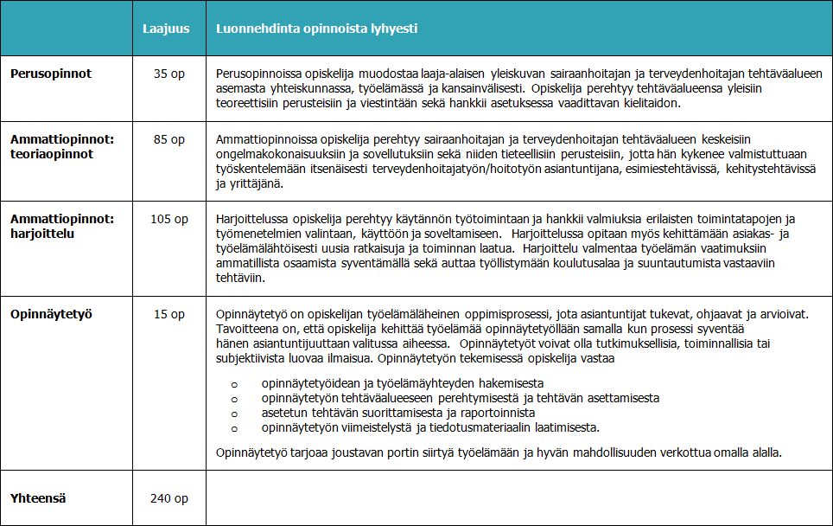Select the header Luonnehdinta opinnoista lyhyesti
tap(316, 29)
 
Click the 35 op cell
tap(170, 74)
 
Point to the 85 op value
tap(170, 140)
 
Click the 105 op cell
tap(169, 220)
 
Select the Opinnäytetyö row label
tap(51, 314)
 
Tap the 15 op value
tap(170, 314)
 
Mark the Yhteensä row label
tap(39, 498)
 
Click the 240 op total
tap(169, 498)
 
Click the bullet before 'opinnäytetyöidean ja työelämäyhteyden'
tap(232, 383)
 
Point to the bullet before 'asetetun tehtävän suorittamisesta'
tap(232, 414)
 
